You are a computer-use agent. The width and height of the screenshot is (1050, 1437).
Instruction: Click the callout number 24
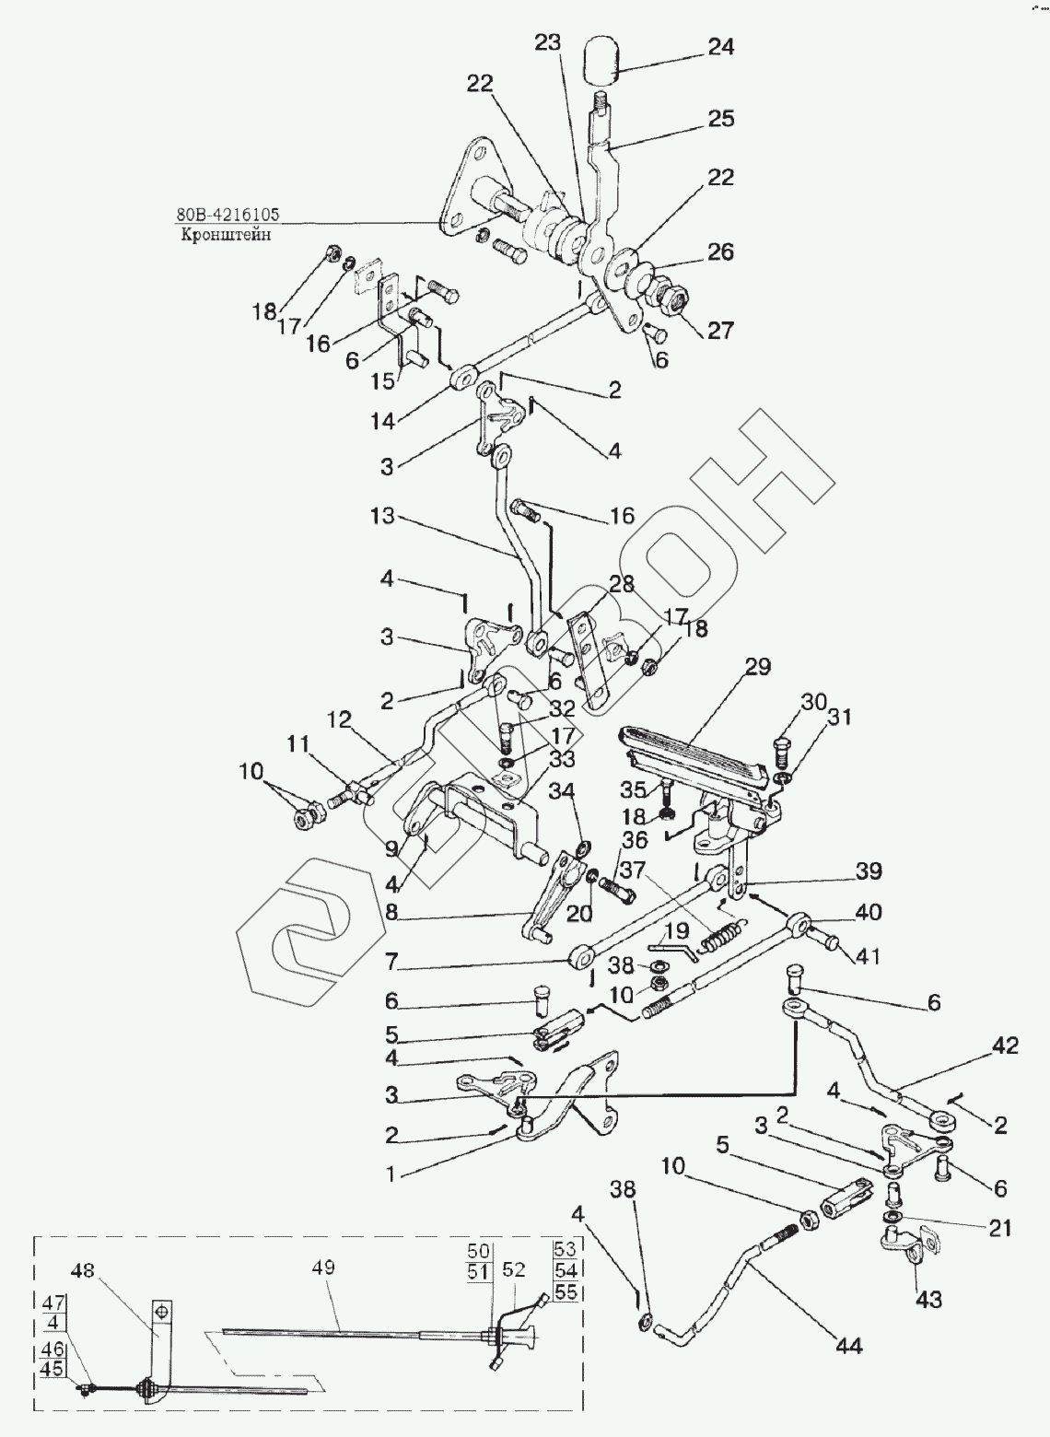click(x=721, y=47)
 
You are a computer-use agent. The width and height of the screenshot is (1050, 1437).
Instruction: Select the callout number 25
click(x=721, y=119)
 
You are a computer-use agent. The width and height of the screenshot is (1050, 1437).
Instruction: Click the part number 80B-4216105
click(x=227, y=216)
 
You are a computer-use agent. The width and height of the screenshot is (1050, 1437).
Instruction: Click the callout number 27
click(x=721, y=331)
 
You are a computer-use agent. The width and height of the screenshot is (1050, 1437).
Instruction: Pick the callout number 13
click(x=382, y=517)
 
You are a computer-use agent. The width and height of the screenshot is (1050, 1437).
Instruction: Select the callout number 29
click(x=758, y=668)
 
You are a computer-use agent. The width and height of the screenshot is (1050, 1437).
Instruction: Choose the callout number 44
click(x=848, y=1346)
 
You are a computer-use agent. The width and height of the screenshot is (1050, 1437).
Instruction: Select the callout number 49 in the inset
click(x=323, y=1268)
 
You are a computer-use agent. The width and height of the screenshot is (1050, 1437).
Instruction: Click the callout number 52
click(x=515, y=1269)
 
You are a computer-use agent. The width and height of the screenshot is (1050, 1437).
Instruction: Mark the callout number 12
click(x=340, y=720)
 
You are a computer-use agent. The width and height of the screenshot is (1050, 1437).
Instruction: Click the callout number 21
click(x=1000, y=1227)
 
